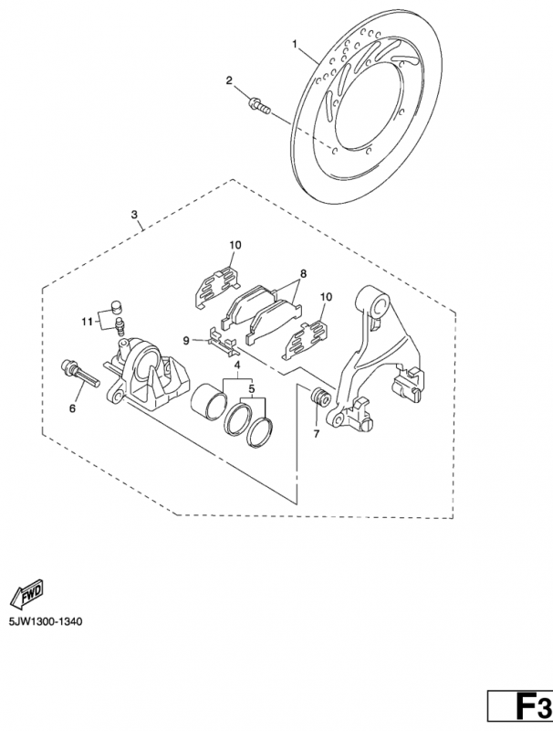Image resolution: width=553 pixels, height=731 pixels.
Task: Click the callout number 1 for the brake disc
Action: [295, 44]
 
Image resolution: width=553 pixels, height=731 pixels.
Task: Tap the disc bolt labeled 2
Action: [260, 105]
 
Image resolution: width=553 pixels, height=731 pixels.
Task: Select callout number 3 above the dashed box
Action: [134, 215]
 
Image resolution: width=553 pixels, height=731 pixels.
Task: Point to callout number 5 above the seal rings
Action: [251, 388]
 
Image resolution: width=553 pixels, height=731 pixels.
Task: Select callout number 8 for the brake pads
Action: [303, 273]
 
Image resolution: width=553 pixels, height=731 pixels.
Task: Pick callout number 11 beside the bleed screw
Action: [87, 322]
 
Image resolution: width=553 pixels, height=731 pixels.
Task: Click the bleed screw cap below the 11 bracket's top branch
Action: [115, 308]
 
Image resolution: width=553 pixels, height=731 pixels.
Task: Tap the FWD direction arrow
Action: [27, 595]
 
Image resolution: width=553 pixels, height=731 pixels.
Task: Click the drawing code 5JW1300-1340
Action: [45, 622]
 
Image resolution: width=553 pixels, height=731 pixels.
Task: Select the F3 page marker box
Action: [520, 709]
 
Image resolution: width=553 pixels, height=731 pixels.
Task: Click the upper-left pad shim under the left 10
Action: [216, 288]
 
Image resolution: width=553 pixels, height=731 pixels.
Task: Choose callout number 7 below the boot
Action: [317, 434]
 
